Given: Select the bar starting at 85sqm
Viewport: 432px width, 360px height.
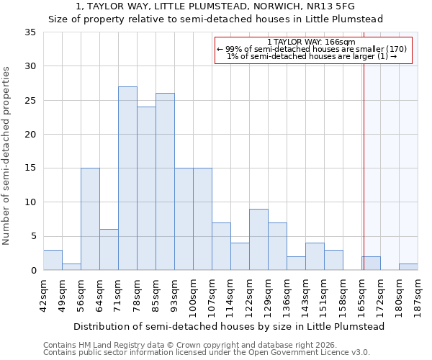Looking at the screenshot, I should pyautogui.click(x=165, y=181).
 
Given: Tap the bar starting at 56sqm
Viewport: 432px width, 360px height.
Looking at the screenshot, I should pyautogui.click(x=90, y=219).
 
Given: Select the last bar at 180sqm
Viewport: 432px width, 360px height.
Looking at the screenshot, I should pyautogui.click(x=408, y=267).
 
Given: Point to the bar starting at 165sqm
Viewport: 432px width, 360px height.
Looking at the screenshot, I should pyautogui.click(x=371, y=264).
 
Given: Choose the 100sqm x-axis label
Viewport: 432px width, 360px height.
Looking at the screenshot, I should pyautogui.click(x=193, y=295).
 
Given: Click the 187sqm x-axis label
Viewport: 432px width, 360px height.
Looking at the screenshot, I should pyautogui.click(x=418, y=295).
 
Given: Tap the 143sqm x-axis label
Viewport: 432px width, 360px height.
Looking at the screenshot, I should pyautogui.click(x=305, y=295).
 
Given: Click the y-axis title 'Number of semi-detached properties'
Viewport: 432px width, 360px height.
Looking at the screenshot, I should pyautogui.click(x=7, y=156).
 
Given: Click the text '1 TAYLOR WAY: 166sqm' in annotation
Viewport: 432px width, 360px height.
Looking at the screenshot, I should pyautogui.click(x=313, y=42).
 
